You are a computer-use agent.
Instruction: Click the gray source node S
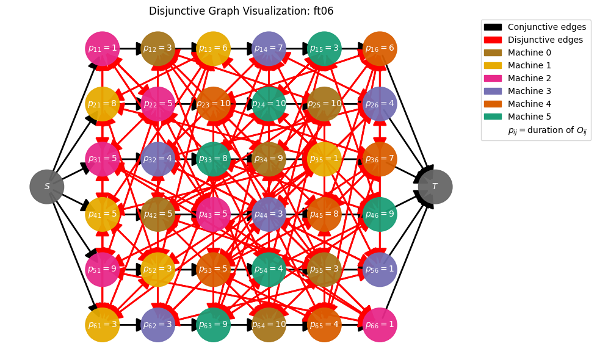(47, 187)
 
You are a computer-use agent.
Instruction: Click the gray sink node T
(435, 187)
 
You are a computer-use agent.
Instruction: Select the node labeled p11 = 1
(102, 48)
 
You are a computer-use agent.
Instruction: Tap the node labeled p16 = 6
(380, 48)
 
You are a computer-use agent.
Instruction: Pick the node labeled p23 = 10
(213, 104)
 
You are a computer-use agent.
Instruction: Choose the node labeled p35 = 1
(324, 159)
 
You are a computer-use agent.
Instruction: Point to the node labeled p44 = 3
(269, 214)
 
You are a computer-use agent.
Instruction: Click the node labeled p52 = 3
(157, 269)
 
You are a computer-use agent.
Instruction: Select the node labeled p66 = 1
(380, 325)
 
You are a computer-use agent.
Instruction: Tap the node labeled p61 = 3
(102, 325)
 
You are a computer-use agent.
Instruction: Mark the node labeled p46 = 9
(380, 214)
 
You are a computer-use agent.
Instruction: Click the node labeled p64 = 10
(269, 325)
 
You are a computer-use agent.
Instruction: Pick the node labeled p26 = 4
(380, 104)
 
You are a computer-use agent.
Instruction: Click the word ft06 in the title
(323, 11)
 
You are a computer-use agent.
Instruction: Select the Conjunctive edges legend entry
(535, 27)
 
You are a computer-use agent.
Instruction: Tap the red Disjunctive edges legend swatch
(493, 40)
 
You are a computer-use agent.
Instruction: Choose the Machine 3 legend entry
(518, 91)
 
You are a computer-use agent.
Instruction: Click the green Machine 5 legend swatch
(493, 117)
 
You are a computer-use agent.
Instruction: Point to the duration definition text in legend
(547, 130)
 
